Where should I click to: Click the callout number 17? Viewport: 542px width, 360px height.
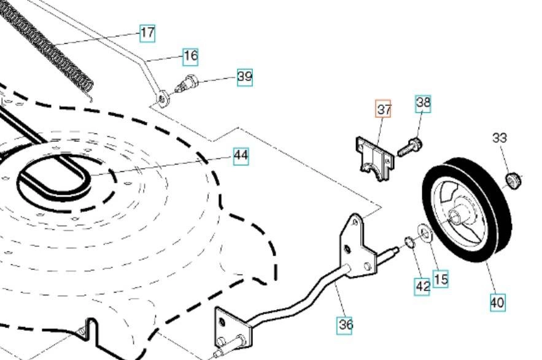[147, 33]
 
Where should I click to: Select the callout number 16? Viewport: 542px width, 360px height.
[191, 57]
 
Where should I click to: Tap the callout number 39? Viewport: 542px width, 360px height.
[245, 77]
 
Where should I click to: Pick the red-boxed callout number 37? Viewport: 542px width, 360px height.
[384, 109]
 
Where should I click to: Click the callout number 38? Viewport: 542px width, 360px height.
[423, 103]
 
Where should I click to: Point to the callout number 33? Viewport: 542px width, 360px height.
[500, 138]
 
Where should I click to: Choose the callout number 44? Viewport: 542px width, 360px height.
[241, 155]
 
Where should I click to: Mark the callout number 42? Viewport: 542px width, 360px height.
[422, 286]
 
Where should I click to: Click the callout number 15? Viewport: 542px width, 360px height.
[441, 279]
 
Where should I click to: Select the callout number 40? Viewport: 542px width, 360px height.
[497, 302]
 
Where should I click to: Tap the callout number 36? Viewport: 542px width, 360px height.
[345, 324]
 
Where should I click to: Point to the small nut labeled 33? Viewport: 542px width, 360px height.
[513, 180]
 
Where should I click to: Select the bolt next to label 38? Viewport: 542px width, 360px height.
[408, 147]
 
